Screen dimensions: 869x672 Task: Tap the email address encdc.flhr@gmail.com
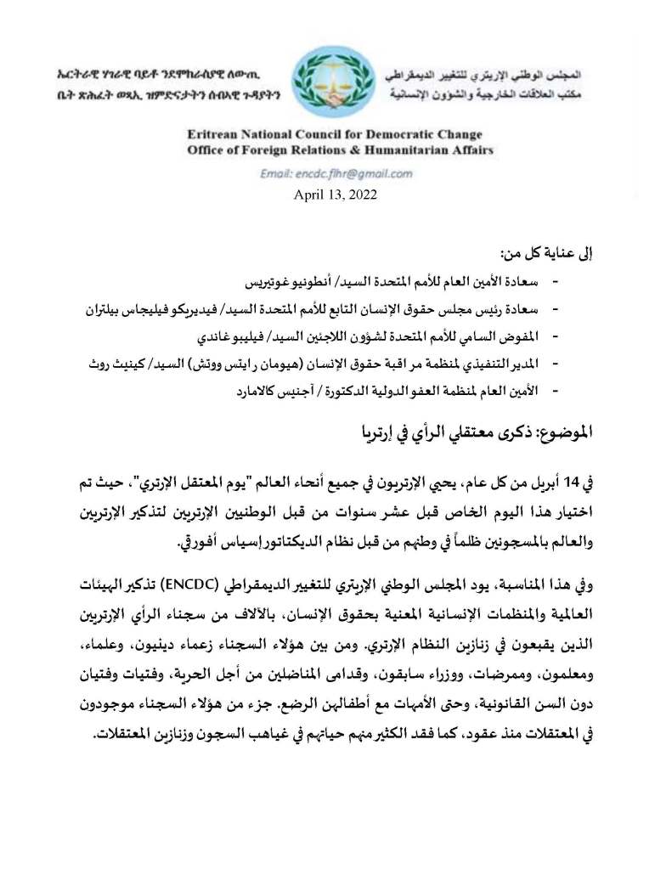[337, 173]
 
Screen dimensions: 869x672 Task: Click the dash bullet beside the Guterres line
[556, 281]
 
